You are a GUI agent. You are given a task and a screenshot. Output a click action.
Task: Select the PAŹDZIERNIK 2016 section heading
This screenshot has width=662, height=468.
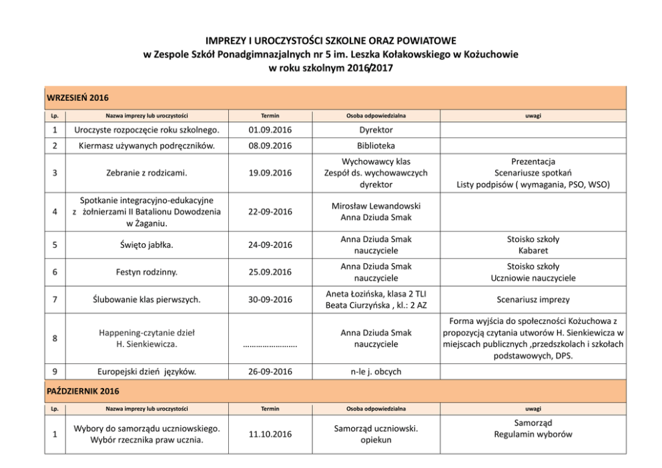[82, 391]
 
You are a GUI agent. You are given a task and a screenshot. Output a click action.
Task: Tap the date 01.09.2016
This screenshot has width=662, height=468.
[270, 130]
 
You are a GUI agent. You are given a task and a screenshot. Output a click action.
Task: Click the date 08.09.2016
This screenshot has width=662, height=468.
[270, 145]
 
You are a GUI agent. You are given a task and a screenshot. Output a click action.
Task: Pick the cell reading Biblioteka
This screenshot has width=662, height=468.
[376, 145]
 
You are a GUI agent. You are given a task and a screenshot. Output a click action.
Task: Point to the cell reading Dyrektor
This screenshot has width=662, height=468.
[376, 130]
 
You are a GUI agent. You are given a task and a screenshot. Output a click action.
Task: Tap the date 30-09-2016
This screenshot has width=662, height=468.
[270, 300]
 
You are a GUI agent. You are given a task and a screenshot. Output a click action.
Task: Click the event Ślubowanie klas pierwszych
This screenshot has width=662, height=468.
[146, 300]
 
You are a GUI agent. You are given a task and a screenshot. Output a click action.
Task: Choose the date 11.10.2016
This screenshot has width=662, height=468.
[270, 435]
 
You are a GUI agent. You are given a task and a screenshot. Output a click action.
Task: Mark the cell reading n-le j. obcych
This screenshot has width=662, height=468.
[376, 371]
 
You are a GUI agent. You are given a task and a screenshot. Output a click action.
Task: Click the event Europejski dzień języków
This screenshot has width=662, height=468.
[146, 371]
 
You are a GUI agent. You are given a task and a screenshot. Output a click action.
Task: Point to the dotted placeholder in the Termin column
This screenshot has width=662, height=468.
[270, 345]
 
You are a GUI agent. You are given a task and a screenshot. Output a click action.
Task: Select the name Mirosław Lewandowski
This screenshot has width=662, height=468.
[376, 206]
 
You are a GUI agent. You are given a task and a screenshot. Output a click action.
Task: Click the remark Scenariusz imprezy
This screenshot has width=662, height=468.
[533, 300]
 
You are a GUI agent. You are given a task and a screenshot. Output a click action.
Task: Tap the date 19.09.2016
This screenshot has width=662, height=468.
[270, 173]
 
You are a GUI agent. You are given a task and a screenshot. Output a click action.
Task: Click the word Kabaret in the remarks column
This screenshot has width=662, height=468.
[533, 251]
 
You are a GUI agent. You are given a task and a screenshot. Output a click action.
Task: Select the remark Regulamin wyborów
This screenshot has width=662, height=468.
[533, 434]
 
